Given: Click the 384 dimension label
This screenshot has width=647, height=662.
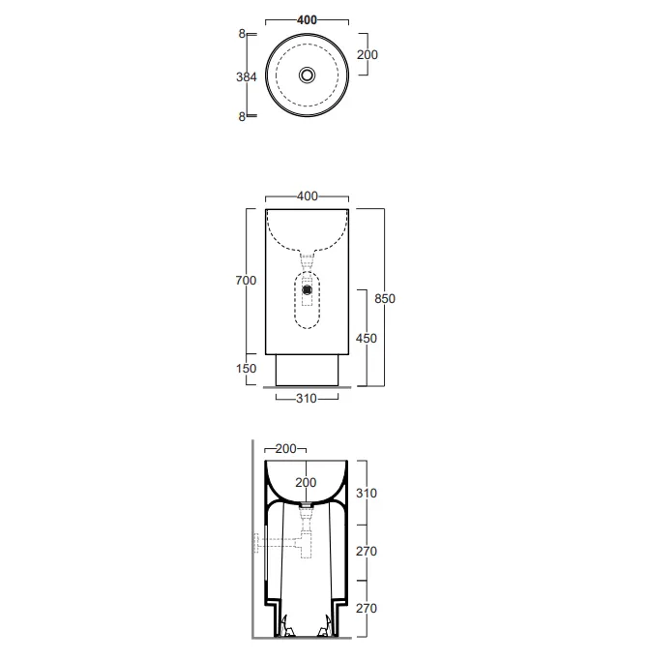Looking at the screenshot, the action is pos(247,76).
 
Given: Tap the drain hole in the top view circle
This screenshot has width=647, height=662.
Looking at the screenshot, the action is pos(307,75).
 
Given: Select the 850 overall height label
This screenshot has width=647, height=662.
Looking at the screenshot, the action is pos(385,298).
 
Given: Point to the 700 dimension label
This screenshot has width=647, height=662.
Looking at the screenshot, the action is pos(246,281).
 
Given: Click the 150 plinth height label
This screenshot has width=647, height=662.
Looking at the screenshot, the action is pos(246,369).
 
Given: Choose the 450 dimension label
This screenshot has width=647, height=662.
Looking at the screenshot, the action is pos(367,338).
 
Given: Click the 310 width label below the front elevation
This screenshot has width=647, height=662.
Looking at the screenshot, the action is pos(307,398).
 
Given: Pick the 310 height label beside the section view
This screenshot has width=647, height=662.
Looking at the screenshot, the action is pos(367,493).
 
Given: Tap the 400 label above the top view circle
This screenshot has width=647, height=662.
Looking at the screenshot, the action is pos(307,20).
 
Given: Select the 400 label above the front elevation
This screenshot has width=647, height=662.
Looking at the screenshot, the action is pos(307,196).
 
